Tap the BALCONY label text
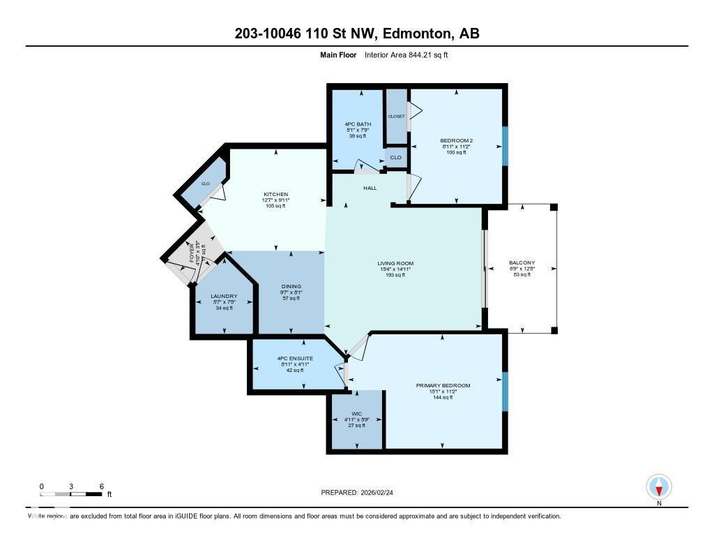[x=521, y=263]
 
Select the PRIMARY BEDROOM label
[x=443, y=385]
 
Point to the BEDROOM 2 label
[x=457, y=140]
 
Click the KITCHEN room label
[x=275, y=194]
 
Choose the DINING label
[x=291, y=285]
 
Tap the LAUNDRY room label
[x=224, y=296]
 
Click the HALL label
[x=370, y=188]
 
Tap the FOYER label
[x=192, y=252]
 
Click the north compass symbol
[x=659, y=486]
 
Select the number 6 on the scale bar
[x=102, y=486]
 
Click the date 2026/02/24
[x=382, y=492]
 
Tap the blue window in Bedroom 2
[x=505, y=145]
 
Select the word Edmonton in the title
[x=418, y=33]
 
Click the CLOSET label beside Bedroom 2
[x=396, y=117]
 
